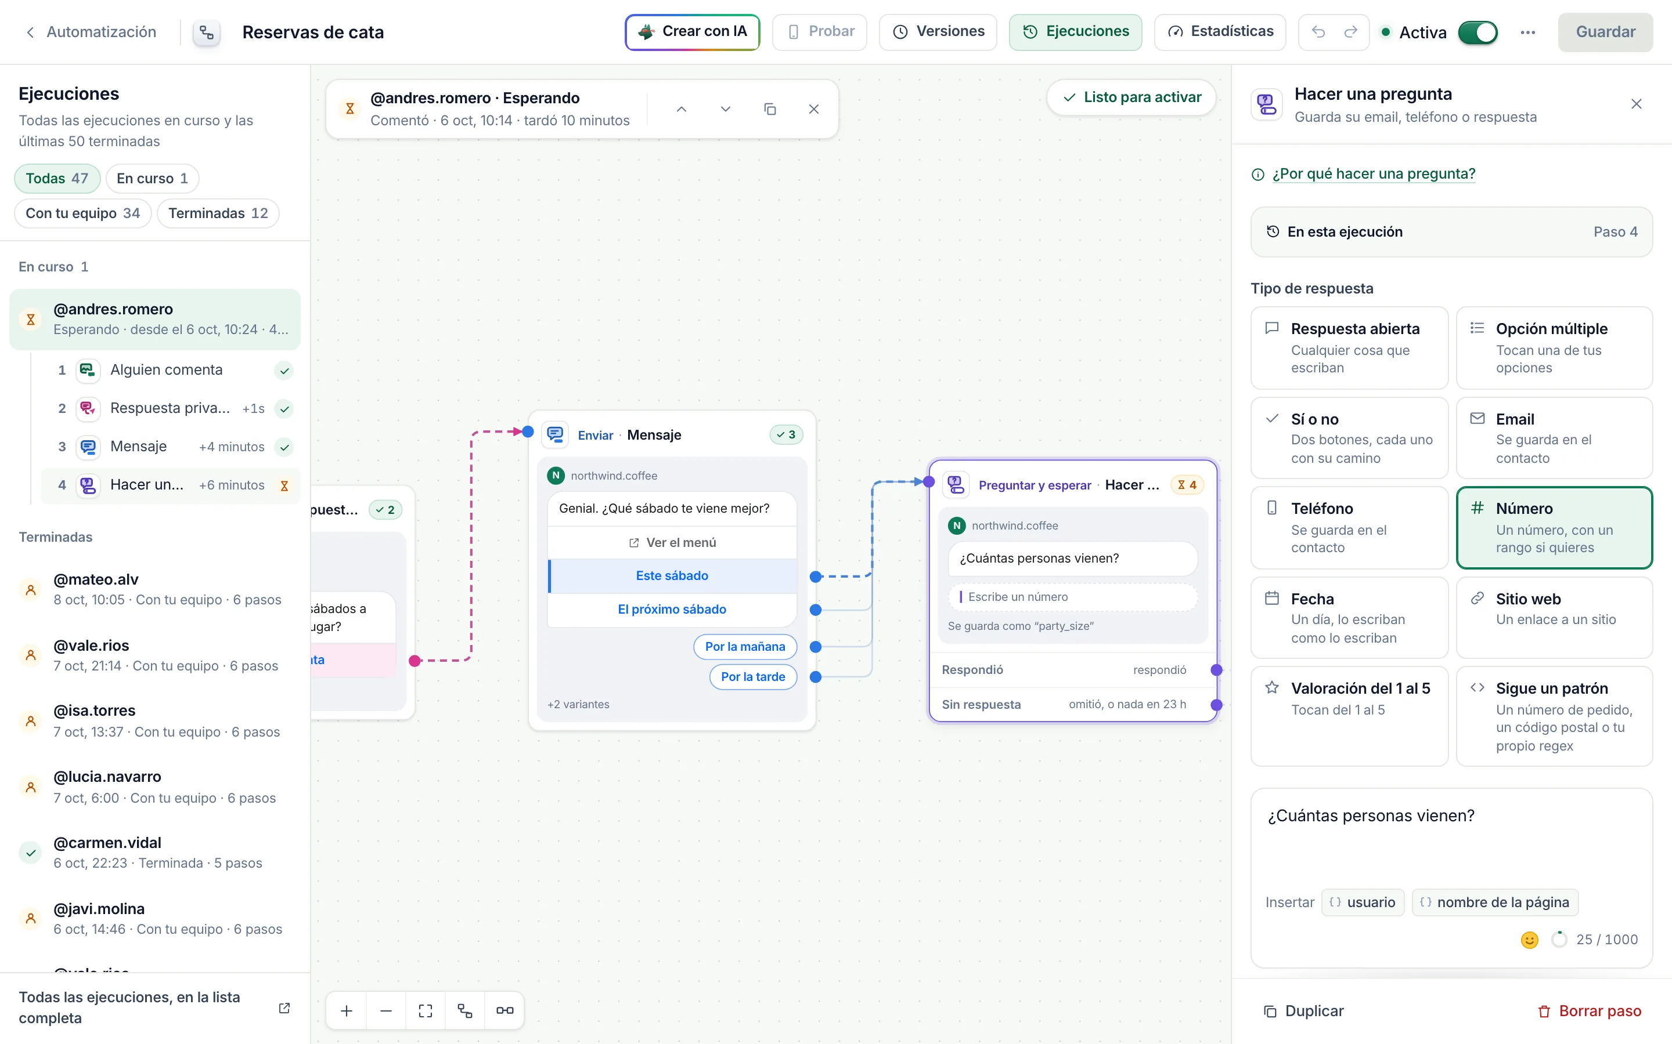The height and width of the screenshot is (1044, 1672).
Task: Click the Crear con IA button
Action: pyautogui.click(x=692, y=32)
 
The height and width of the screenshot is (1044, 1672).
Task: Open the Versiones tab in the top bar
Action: pyautogui.click(x=938, y=32)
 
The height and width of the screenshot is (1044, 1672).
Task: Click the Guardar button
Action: pyautogui.click(x=1605, y=32)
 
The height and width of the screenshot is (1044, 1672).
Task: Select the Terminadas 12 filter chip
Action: pyautogui.click(x=218, y=213)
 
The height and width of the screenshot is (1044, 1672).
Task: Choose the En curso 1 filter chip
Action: pyautogui.click(x=152, y=179)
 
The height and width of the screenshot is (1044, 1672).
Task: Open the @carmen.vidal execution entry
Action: pyautogui.click(x=155, y=853)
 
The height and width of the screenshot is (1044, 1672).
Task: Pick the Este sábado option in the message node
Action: pyautogui.click(x=672, y=576)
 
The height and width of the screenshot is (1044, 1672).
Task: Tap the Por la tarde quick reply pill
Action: pyautogui.click(x=752, y=677)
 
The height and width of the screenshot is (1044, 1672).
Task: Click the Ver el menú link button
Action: pyautogui.click(x=672, y=543)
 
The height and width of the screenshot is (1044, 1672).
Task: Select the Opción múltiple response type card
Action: pyautogui.click(x=1554, y=348)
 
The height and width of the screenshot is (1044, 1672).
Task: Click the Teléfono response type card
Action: pyautogui.click(x=1349, y=528)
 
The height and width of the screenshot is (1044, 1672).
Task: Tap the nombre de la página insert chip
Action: pyautogui.click(x=1495, y=902)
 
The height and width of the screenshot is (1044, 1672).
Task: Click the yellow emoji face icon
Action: pyautogui.click(x=1530, y=940)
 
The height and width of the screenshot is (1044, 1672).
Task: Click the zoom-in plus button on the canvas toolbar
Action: pyautogui.click(x=347, y=1011)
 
